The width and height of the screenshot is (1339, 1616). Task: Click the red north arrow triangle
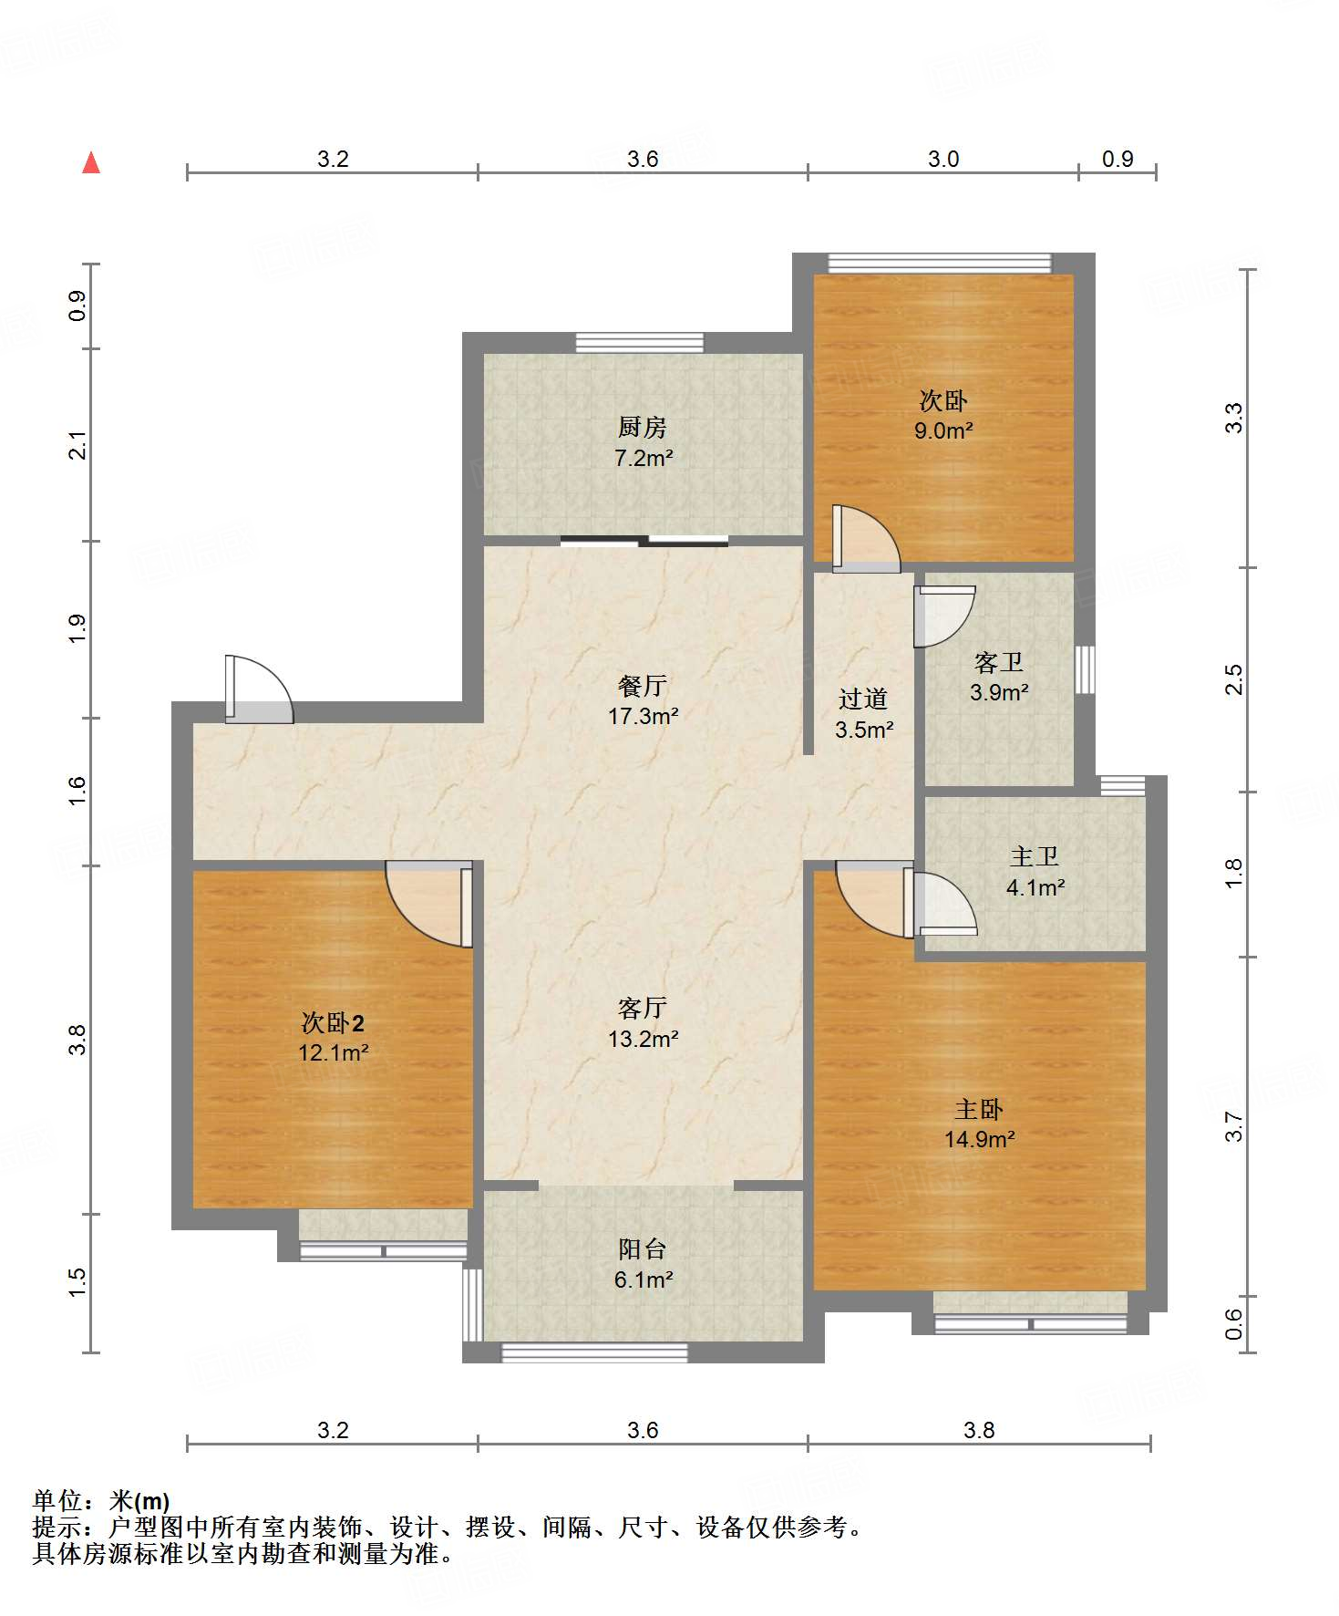91,162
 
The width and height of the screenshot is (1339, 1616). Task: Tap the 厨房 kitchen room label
643,427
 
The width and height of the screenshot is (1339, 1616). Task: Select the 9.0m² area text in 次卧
943,430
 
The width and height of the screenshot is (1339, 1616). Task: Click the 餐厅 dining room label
643,685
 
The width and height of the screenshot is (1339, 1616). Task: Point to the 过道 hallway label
863,699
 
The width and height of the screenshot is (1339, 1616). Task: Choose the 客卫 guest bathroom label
999,661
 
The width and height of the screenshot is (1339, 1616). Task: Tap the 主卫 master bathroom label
1035,856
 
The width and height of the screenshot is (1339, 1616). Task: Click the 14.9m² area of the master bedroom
980,1139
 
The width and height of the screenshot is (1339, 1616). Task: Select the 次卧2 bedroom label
333,1022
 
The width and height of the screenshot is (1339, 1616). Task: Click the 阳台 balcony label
643,1248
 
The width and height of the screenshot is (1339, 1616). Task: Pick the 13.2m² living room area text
644,1039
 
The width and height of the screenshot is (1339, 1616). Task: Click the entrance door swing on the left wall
259,689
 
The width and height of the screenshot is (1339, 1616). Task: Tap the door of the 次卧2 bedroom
428,904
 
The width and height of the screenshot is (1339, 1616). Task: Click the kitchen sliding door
644,541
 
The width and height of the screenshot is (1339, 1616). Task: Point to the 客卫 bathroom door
944,616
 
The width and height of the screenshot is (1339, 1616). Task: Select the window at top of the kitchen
640,343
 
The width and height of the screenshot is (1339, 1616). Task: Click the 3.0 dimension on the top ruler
943,159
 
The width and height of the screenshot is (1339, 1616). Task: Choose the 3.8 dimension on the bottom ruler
979,1430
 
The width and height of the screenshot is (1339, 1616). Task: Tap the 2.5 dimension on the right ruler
1233,679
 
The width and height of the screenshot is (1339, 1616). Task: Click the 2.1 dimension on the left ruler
78,445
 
